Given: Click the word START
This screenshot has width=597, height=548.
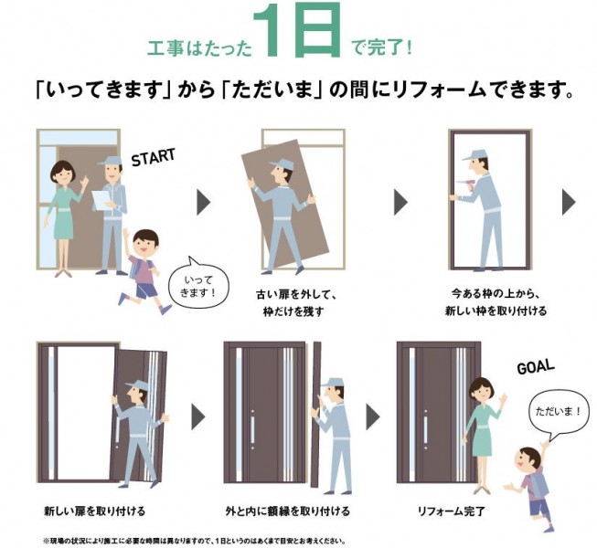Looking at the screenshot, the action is pyautogui.click(x=153, y=157).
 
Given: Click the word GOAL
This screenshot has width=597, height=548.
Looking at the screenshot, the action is pyautogui.click(x=536, y=367).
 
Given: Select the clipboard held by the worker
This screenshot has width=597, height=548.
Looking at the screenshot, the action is pyautogui.click(x=101, y=200).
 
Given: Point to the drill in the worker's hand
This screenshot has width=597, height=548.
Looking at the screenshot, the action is pyautogui.click(x=465, y=186).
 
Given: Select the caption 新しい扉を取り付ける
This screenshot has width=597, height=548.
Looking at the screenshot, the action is pyautogui.click(x=95, y=511).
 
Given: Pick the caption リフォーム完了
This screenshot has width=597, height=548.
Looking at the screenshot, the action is pyautogui.click(x=451, y=511).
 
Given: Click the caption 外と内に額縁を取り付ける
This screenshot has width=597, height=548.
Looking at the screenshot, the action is pyautogui.click(x=287, y=511).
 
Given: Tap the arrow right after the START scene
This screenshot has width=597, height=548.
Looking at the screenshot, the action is pyautogui.click(x=204, y=203).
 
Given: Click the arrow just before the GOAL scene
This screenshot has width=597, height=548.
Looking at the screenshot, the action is pyautogui.click(x=373, y=417).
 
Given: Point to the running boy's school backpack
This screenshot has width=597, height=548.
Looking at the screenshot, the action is pyautogui.click(x=136, y=268).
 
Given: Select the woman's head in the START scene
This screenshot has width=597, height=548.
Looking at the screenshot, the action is pyautogui.click(x=64, y=173).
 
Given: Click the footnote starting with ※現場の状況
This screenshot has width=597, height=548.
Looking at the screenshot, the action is pyautogui.click(x=194, y=541).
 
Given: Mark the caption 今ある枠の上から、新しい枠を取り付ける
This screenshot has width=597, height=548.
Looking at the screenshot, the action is pyautogui.click(x=496, y=302).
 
